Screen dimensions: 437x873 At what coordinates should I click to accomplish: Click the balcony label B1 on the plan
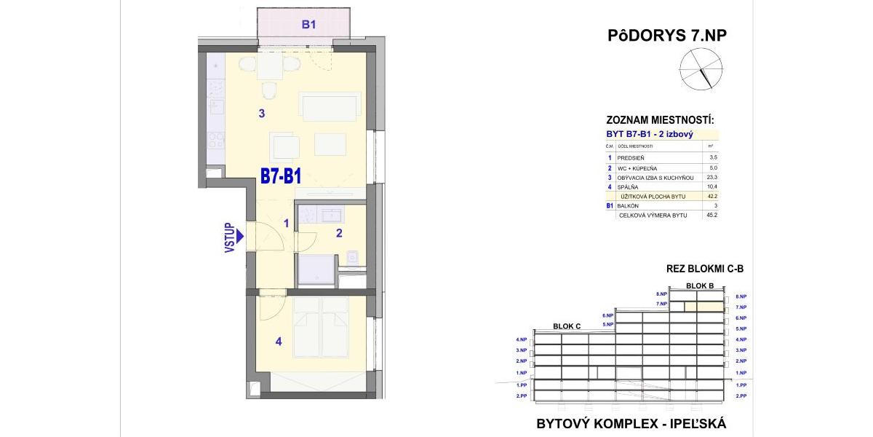[308, 25]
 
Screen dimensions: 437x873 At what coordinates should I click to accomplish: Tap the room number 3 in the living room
[261, 113]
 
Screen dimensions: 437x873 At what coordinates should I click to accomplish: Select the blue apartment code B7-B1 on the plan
[281, 177]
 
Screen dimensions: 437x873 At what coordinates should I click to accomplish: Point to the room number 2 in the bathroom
[338, 233]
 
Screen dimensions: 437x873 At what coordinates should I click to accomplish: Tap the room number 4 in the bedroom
[279, 341]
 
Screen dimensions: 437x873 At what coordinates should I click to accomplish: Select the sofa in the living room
[330, 106]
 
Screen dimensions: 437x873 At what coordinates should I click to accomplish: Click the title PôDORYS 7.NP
[666, 36]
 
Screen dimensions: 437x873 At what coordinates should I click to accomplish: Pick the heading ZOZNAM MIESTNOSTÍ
[660, 120]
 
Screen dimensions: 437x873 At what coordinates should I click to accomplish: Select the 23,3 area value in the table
[711, 178]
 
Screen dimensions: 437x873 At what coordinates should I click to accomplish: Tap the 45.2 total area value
[711, 216]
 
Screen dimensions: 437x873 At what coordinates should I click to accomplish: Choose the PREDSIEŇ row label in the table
[630, 158]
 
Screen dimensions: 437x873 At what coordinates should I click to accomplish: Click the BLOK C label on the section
[567, 326]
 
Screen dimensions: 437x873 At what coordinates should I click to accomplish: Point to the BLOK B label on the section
[700, 286]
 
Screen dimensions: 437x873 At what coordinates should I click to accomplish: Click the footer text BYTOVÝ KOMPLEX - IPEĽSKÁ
[631, 423]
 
